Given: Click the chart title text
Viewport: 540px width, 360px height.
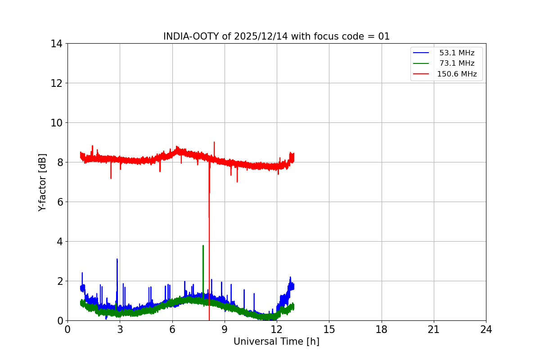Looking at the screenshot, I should click(x=276, y=36).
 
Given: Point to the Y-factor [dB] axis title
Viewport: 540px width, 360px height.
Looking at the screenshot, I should click(x=42, y=182).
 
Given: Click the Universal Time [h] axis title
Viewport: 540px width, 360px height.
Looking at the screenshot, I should click(x=276, y=342).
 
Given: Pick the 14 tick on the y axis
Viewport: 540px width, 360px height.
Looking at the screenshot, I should click(x=56, y=44).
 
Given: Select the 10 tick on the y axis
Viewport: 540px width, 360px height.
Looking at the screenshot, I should click(x=56, y=123).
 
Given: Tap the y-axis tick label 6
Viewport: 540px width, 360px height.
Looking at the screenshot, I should click(x=59, y=202).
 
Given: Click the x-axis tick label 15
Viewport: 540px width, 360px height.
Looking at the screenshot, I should click(x=329, y=330).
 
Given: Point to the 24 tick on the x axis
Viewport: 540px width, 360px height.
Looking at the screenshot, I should click(x=486, y=330).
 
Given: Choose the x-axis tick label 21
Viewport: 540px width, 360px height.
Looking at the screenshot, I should click(x=434, y=330).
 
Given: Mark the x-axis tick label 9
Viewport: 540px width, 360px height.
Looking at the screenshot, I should click(x=225, y=330).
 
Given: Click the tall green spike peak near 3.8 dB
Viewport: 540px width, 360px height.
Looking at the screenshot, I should click(x=203, y=246).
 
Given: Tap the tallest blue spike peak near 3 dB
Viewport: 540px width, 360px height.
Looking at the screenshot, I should click(x=117, y=259).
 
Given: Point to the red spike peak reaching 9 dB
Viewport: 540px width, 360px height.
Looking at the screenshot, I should click(x=214, y=142).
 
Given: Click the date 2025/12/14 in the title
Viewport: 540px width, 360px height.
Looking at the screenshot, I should click(x=261, y=36).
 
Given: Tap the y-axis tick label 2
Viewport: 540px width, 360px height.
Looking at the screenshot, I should click(x=59, y=281).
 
